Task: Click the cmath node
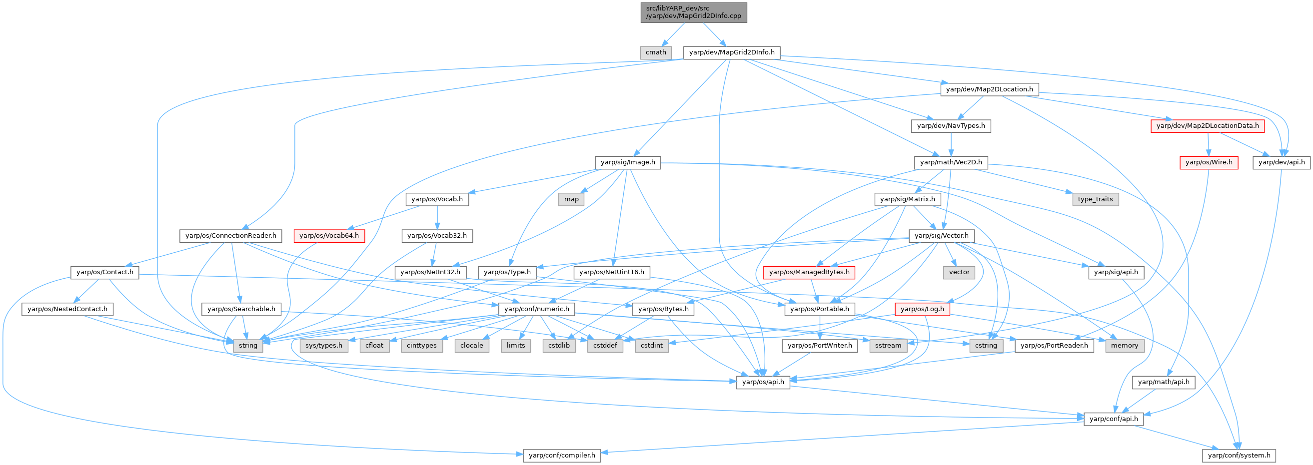[655, 52]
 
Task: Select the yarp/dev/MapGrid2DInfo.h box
[731, 52]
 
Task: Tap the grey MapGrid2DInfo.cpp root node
[694, 12]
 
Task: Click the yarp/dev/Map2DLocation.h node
[989, 89]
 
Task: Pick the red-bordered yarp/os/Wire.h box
[1209, 162]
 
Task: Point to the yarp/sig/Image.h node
[627, 162]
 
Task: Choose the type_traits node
[1096, 199]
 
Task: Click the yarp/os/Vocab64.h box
[329, 236]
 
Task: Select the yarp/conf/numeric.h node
[536, 309]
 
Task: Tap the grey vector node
[959, 273]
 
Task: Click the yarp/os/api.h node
[763, 382]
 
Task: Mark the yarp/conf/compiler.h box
[562, 456]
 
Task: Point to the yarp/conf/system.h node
[1239, 456]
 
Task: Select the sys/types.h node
[324, 345]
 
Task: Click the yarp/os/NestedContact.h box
[67, 309]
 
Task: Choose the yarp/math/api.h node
[1163, 382]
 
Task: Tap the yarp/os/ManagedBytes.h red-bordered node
[809, 273]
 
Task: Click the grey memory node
[1125, 345]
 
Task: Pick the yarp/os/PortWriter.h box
[820, 345]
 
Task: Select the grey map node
[571, 199]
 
